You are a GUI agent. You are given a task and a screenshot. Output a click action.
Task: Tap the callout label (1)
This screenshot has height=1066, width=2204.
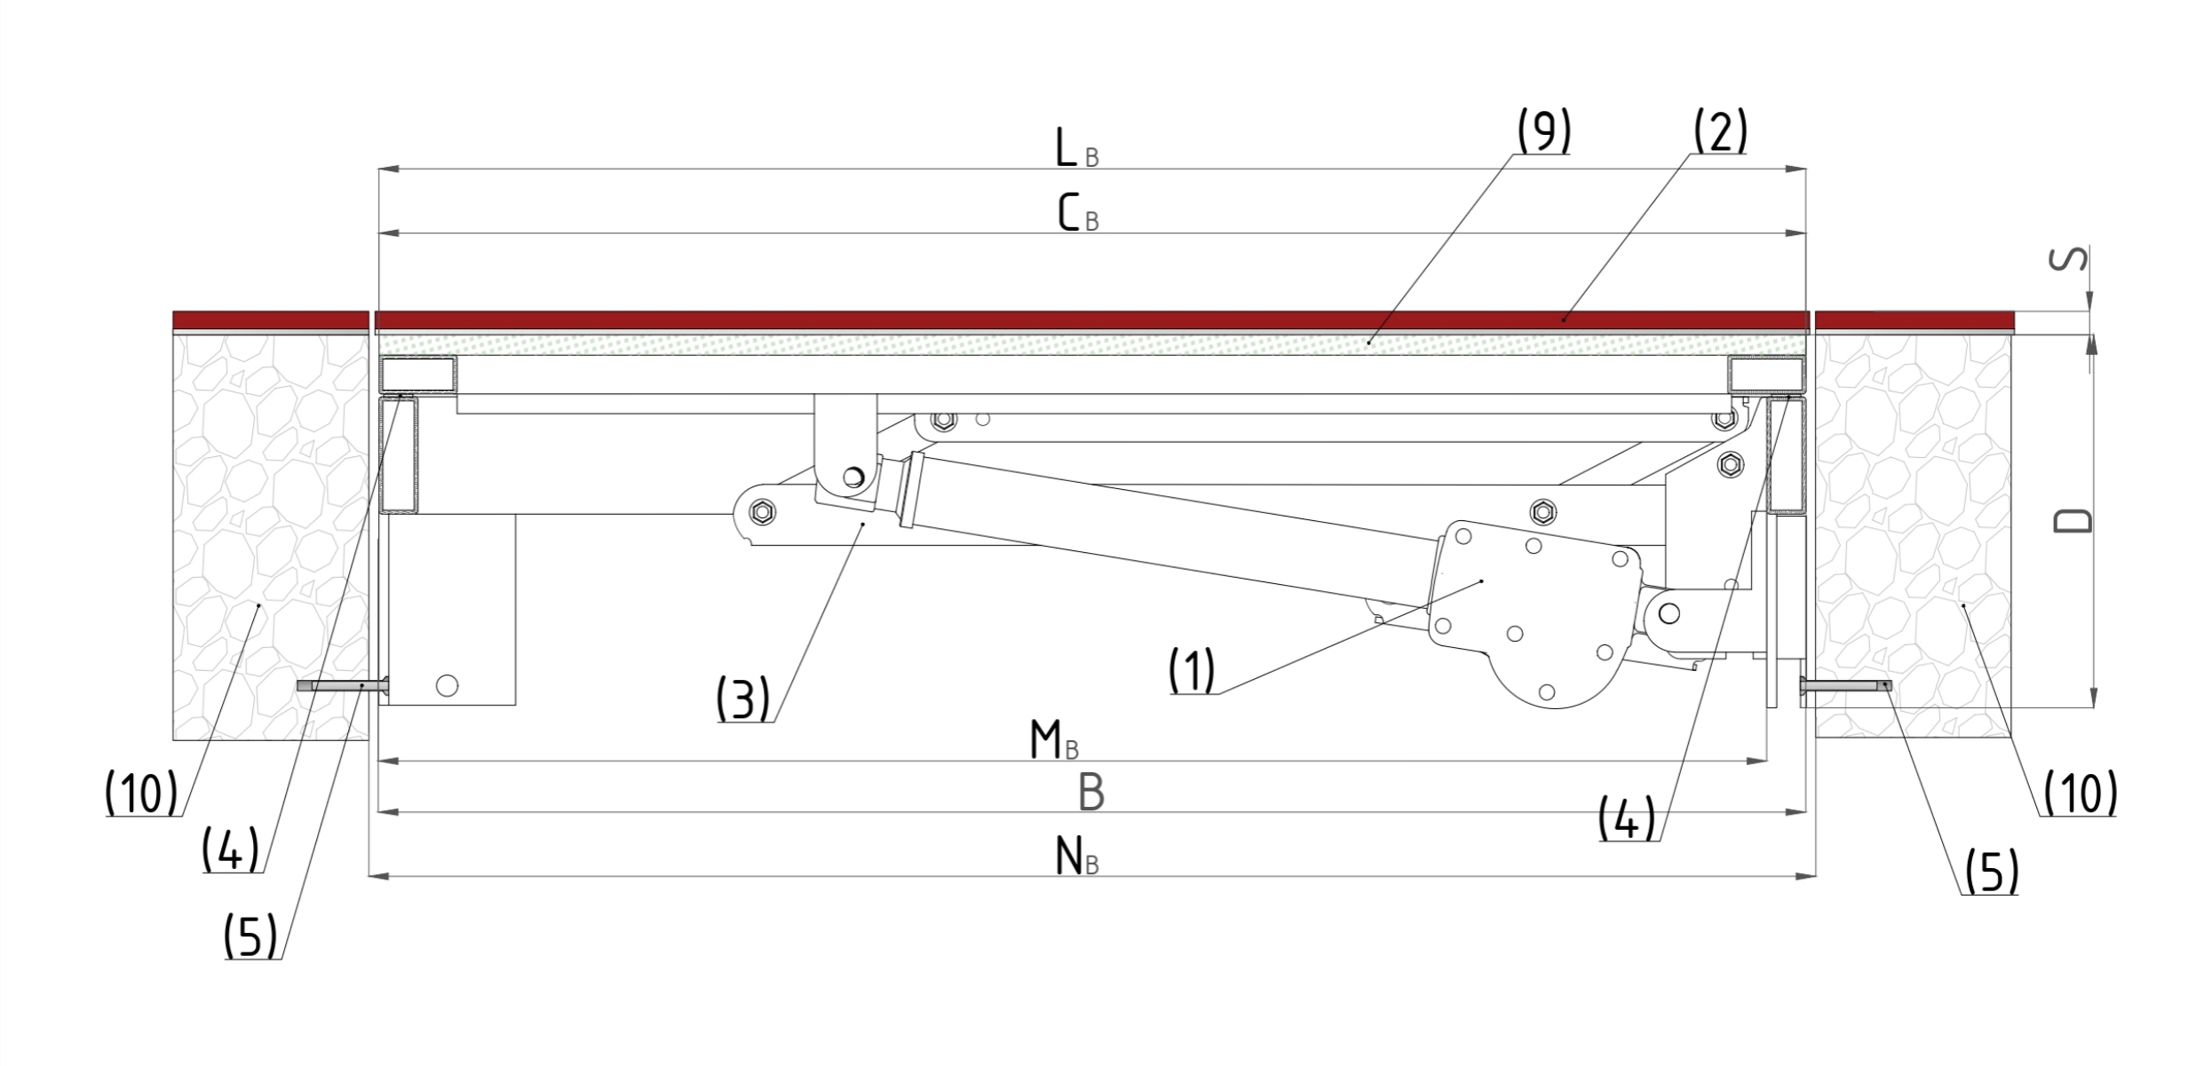click(1192, 670)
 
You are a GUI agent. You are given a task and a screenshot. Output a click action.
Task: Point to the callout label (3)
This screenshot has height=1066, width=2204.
click(743, 699)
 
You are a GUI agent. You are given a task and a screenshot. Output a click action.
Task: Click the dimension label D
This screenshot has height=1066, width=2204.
click(2074, 521)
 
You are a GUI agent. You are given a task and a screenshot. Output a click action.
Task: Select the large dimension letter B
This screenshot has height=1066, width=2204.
click(1091, 793)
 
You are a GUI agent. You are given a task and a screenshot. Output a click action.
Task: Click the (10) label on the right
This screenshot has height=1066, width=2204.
click(2081, 793)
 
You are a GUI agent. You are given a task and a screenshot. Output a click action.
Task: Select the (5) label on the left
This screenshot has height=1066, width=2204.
click(250, 936)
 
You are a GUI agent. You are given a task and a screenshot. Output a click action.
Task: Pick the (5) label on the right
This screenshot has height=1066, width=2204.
click(1991, 872)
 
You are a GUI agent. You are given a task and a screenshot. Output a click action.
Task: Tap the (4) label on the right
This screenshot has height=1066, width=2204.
click(1627, 818)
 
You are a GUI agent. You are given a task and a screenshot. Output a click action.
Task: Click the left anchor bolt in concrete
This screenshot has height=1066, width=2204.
click(342, 685)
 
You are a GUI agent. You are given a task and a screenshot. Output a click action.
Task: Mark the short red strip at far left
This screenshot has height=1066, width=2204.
click(270, 320)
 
